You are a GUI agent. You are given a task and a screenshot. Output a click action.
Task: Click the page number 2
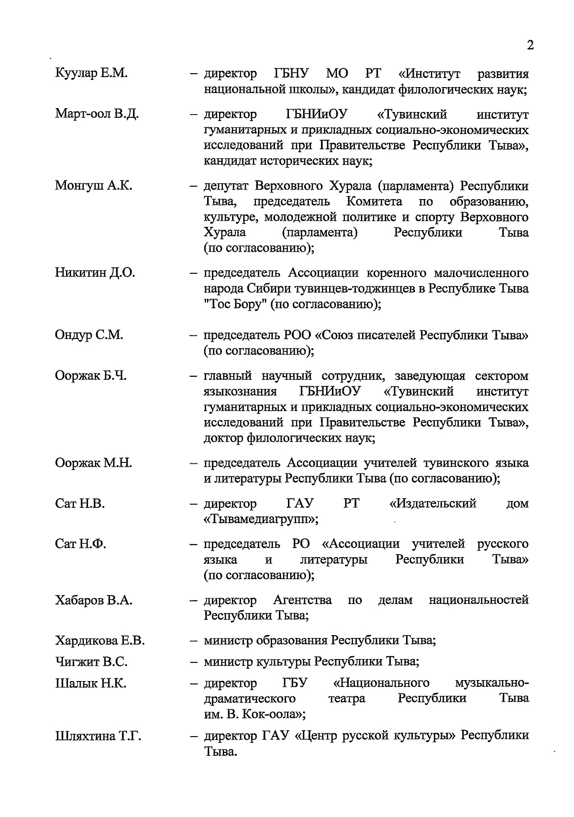[530, 45]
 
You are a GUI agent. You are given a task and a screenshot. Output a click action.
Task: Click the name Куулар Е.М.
[91, 74]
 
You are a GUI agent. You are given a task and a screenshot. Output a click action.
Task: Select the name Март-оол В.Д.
[97, 114]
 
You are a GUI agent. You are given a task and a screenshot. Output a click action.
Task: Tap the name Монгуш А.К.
[94, 186]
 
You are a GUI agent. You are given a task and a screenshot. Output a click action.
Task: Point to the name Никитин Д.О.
[95, 273]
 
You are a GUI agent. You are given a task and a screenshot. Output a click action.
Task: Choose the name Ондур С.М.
[89, 335]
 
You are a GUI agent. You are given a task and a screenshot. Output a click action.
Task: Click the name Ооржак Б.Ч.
[91, 376]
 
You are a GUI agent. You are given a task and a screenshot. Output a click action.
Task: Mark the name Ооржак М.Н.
[94, 463]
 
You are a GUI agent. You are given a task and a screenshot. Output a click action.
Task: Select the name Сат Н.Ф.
[81, 544]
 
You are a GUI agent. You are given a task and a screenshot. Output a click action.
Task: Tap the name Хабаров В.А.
[94, 600]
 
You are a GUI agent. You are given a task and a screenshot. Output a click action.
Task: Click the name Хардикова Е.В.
[100, 640]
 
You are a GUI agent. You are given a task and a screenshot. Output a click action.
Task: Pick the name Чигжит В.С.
[91, 662]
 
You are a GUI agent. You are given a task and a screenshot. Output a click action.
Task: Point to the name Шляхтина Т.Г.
[98, 736]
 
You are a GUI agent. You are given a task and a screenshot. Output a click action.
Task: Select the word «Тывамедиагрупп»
[260, 519]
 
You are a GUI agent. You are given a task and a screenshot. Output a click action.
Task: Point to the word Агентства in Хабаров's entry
[302, 600]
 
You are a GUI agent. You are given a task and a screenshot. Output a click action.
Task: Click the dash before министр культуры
[194, 662]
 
